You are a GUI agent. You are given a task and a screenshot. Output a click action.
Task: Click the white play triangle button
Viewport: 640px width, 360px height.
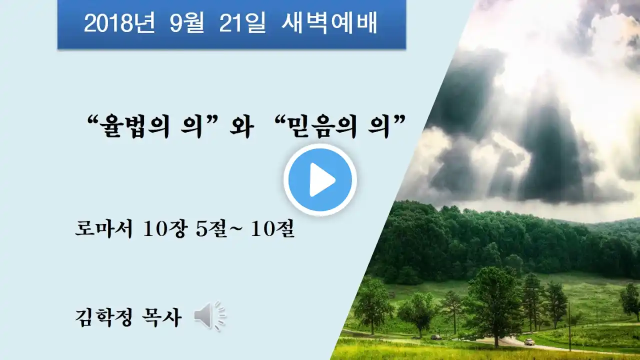(x=320, y=179)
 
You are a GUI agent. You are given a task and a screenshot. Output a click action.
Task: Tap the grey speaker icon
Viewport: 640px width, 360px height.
(x=210, y=316)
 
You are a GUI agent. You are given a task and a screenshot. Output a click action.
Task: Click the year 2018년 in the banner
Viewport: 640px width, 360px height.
(x=119, y=22)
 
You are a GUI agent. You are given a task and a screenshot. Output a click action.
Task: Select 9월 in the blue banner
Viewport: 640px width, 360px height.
(x=187, y=22)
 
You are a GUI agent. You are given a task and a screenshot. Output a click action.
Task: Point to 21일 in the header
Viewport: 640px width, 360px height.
(x=242, y=22)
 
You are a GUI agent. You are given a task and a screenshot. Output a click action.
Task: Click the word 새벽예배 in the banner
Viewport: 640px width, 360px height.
(x=329, y=22)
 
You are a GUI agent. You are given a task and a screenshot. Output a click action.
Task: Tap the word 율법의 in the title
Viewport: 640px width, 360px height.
(x=135, y=126)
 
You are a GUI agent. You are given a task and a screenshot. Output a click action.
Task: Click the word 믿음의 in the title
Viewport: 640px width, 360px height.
(x=323, y=126)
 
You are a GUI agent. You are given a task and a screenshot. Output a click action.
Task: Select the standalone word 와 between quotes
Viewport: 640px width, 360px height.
(x=241, y=126)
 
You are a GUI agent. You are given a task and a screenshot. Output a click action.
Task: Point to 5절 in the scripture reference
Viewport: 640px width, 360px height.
(x=211, y=229)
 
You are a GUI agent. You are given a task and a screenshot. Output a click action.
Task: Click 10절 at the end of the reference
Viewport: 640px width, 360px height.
(x=273, y=229)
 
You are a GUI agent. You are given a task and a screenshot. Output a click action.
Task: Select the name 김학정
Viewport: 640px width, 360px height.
(x=104, y=317)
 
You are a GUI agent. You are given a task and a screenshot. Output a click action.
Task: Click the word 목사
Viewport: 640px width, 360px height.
(x=161, y=317)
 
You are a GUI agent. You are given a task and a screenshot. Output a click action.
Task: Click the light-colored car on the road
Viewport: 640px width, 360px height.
(x=529, y=341)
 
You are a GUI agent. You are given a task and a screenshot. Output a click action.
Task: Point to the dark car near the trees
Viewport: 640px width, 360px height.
(x=436, y=337)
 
